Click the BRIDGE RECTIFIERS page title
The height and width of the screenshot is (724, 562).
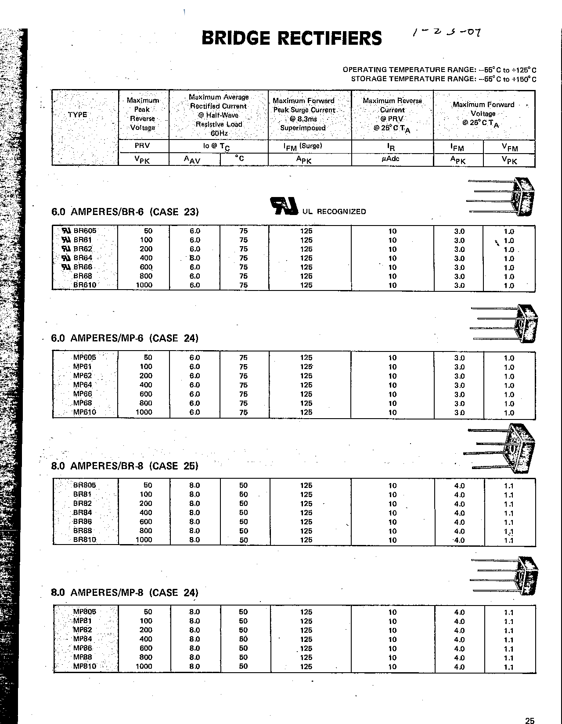point(292,38)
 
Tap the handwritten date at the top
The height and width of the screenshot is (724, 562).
point(447,32)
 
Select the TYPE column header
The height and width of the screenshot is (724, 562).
point(78,115)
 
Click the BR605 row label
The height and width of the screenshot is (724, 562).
point(85,231)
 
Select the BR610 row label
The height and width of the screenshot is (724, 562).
point(85,285)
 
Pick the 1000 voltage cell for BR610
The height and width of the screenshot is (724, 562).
point(144,285)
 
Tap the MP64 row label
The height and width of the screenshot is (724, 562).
point(83,385)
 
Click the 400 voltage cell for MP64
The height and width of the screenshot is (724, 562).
point(146,385)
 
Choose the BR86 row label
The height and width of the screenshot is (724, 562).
point(82,522)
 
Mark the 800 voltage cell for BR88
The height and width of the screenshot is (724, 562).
point(146,530)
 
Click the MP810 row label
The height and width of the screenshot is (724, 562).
point(84,666)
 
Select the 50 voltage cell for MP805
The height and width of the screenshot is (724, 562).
point(148,612)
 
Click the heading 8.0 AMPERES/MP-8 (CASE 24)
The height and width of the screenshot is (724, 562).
point(125,593)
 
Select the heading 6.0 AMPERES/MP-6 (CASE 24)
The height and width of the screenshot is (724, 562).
point(125,338)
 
